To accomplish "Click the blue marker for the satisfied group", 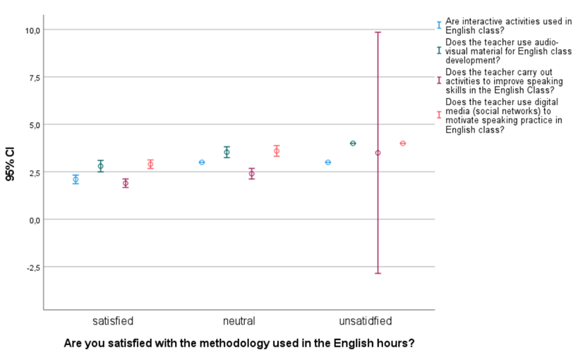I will pyautogui.click(x=76, y=179).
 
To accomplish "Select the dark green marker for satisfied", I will pyautogui.click(x=100, y=166).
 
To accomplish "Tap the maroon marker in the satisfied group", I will pyautogui.click(x=125, y=184).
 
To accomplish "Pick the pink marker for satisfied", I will pyautogui.click(x=150, y=164).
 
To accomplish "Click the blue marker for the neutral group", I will pyautogui.click(x=202, y=162).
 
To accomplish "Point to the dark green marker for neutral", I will pyautogui.click(x=227, y=152).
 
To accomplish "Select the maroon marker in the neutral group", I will pyautogui.click(x=251, y=174).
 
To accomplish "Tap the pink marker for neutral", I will pyautogui.click(x=277, y=151).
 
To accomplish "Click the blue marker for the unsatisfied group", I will pyautogui.click(x=328, y=162).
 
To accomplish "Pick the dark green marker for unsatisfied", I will pyautogui.click(x=353, y=143).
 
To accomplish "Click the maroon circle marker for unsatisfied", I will pyautogui.click(x=378, y=152).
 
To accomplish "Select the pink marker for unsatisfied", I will pyautogui.click(x=403, y=143).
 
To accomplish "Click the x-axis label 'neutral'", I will pyautogui.click(x=239, y=321).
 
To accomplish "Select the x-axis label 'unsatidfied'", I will pyautogui.click(x=365, y=321).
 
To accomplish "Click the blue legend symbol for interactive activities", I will pyautogui.click(x=439, y=25).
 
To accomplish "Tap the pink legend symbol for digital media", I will pyautogui.click(x=439, y=114).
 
